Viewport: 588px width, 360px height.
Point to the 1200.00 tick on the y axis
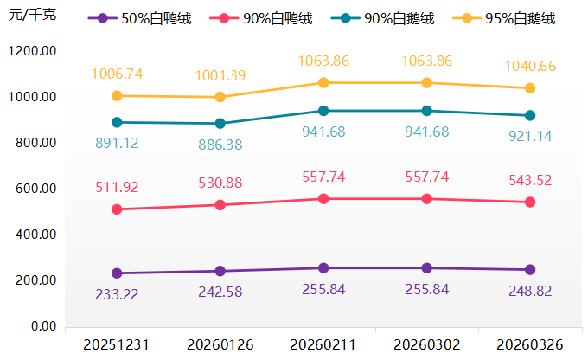coord(31,51)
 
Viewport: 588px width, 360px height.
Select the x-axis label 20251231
coord(117,345)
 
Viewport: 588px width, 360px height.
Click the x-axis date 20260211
coord(323,345)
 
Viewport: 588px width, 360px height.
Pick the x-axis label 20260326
coord(530,345)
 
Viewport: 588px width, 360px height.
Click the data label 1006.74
coord(117,74)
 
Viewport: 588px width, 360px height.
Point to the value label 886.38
coord(220,145)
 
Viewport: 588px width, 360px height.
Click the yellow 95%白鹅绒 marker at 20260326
coord(530,88)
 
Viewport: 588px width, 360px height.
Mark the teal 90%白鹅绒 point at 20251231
coord(117,122)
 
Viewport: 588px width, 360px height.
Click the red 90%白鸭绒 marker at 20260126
coord(220,205)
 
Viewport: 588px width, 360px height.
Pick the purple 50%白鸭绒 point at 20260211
coord(323,268)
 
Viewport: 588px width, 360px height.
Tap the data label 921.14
coord(530,136)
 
